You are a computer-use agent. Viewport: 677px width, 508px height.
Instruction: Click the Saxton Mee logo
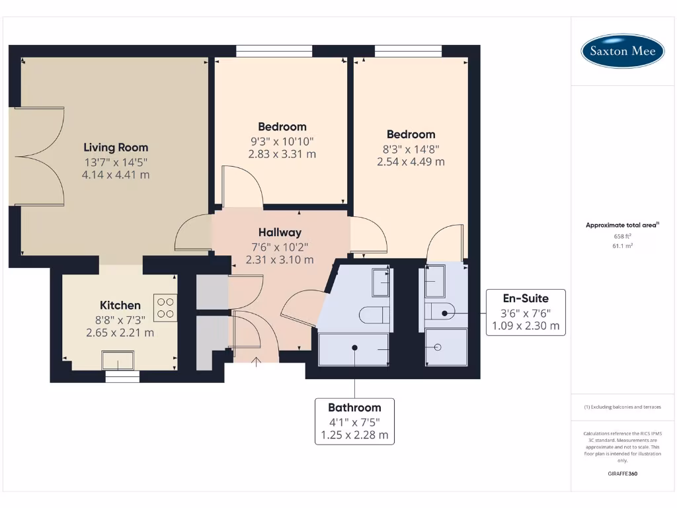coord(622,51)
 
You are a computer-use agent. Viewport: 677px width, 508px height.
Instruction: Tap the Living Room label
coord(116,148)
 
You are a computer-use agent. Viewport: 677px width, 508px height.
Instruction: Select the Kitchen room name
coord(120,305)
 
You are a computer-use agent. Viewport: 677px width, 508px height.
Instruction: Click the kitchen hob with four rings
coord(165,308)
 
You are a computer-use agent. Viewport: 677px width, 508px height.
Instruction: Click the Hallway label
coord(280,232)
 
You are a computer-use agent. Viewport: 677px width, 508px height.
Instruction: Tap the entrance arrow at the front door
coord(257,360)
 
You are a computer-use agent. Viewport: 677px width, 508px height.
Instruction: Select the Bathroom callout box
coord(355,421)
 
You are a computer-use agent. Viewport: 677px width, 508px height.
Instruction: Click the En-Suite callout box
coord(526,312)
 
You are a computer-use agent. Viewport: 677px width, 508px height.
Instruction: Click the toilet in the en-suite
coord(439,311)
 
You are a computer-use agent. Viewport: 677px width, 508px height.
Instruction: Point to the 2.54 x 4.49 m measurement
coord(411,161)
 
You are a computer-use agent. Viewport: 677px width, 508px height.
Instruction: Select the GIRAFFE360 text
coord(622,474)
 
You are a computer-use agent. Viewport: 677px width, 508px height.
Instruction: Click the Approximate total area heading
coord(622,225)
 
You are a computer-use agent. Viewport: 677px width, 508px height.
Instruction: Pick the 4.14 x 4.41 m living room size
coord(116,175)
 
